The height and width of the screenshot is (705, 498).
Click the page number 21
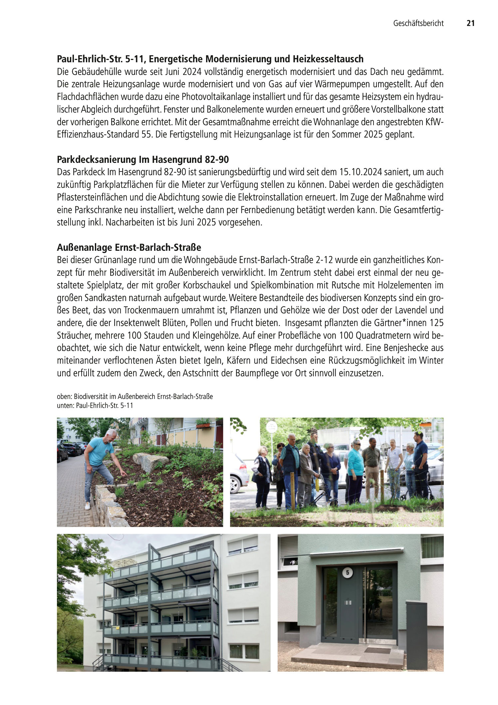point(470,23)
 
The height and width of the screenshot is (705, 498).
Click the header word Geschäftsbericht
point(418,23)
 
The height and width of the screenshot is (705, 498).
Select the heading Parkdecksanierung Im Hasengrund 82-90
point(143,160)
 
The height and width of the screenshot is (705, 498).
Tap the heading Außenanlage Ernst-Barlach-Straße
point(129,248)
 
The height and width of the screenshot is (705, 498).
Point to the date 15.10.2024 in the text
point(361,172)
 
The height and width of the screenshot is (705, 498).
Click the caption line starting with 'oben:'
point(134,397)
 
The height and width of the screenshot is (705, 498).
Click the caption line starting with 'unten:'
point(95,406)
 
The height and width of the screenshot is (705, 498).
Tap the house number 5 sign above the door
point(348,573)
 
